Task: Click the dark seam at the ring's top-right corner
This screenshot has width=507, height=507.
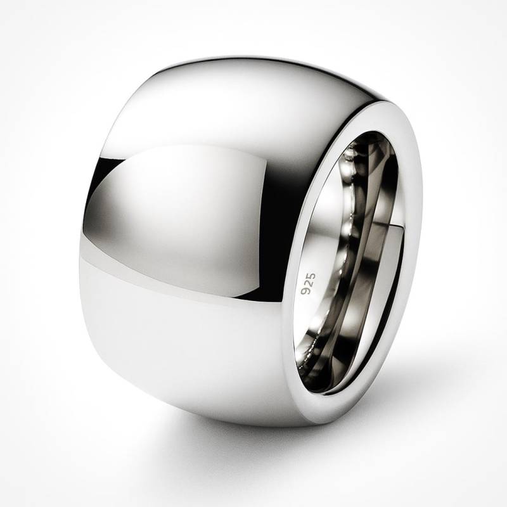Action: pyautogui.click(x=380, y=95)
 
